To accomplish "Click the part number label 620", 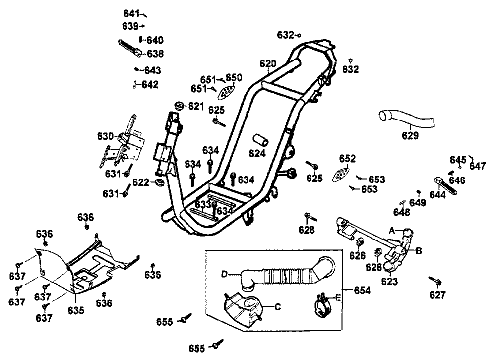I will pyautogui.click(x=268, y=63).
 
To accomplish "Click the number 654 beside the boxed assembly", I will pyautogui.click(x=362, y=290).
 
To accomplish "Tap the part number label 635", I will pyautogui.click(x=76, y=310).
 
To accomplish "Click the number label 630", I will pyautogui.click(x=105, y=135).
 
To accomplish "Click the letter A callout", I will pyautogui.click(x=392, y=230).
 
